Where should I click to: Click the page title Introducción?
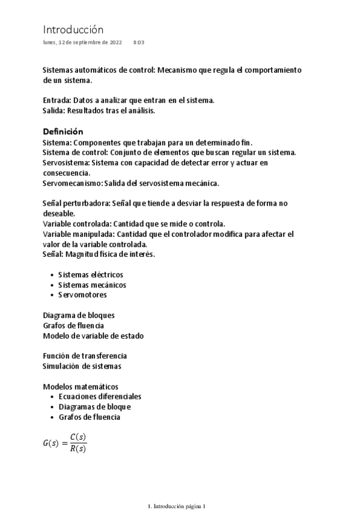pos(73,29)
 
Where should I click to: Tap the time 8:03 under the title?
pos(139,43)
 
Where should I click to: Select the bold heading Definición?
pos(63,132)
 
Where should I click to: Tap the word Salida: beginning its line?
pos(55,111)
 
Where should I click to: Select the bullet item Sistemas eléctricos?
pos(90,274)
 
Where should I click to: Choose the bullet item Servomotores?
pos(82,295)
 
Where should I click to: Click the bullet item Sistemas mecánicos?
pos(92,284)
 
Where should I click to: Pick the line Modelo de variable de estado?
pos(93,336)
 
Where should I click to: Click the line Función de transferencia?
pos(85,356)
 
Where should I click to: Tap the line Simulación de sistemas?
pos(82,366)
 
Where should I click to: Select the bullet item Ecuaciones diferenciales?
pos(100,397)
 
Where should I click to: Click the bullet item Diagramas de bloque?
pos(94,407)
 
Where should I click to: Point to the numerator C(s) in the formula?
pos(78,438)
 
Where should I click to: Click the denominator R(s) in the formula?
pos(78,449)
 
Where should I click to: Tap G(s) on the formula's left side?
pos(51,443)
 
